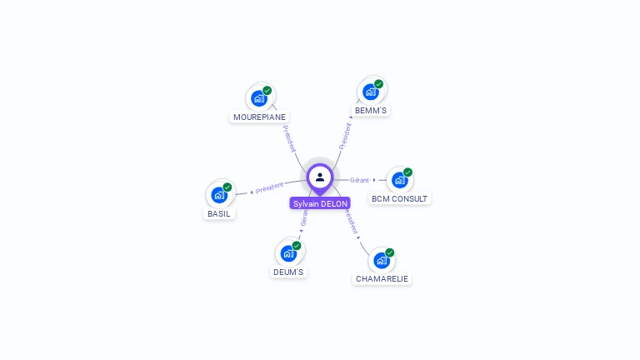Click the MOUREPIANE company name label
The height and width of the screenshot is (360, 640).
[x=259, y=117]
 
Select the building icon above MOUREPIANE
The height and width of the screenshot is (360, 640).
[x=259, y=98]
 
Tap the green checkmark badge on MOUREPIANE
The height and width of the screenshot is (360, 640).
[x=267, y=90]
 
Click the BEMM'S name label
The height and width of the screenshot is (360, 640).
[x=371, y=111]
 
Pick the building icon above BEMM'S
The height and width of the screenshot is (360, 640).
[x=371, y=92]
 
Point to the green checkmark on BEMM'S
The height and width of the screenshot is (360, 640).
[x=379, y=83]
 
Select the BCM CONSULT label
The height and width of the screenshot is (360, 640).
[x=400, y=199]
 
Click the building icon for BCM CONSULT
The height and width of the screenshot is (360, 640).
[x=400, y=180]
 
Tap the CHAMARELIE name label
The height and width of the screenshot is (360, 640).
[x=382, y=278]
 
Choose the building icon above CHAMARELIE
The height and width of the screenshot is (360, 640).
[x=382, y=260]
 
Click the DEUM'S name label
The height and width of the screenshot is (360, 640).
[x=288, y=272]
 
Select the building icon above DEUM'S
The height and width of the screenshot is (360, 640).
[x=288, y=253]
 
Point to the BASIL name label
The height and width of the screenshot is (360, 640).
[x=219, y=213]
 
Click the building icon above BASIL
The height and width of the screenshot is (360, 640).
[x=219, y=195]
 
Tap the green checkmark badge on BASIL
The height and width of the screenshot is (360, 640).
[x=227, y=187]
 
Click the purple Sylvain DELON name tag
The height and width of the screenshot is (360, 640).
[x=320, y=203]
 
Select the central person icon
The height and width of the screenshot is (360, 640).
[x=320, y=177]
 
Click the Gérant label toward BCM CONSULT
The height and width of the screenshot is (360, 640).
[x=360, y=180]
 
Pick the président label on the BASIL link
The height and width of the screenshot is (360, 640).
[x=270, y=187]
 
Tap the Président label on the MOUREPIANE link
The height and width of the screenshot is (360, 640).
[x=289, y=138]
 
